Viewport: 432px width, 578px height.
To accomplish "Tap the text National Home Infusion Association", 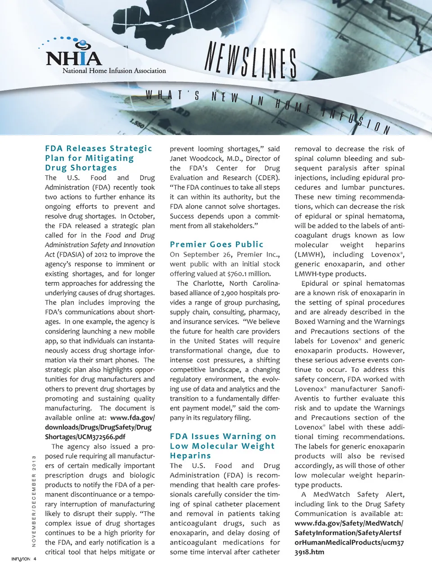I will click(x=114, y=71).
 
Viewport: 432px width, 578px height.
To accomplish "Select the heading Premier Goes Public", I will click(x=216, y=244).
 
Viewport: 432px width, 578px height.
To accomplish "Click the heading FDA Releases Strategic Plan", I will click(x=99, y=158).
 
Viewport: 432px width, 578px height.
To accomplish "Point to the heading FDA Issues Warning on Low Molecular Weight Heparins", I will click(x=223, y=446).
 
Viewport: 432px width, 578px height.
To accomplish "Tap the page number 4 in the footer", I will click(x=35, y=559).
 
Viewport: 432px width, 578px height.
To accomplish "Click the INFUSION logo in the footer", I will click(x=21, y=559).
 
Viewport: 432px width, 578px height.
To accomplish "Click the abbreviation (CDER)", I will click(x=268, y=177).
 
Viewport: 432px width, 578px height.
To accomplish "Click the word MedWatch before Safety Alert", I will click(x=331, y=494).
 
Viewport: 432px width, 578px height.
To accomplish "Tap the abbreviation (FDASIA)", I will click(x=69, y=254).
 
